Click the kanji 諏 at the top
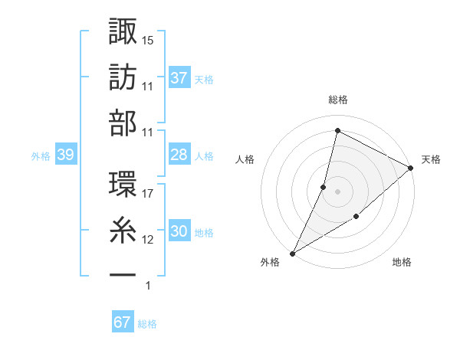(x=123, y=33)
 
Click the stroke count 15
(x=148, y=39)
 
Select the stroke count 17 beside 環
(x=148, y=193)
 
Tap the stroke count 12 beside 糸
(x=148, y=240)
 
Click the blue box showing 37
(x=179, y=78)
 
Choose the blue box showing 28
(x=179, y=155)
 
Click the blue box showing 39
(x=65, y=155)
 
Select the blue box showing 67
(x=123, y=322)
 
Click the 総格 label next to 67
(x=147, y=324)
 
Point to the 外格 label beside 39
(x=41, y=156)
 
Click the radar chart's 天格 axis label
(x=431, y=159)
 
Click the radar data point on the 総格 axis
(x=337, y=131)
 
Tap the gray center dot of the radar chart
(x=337, y=191)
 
